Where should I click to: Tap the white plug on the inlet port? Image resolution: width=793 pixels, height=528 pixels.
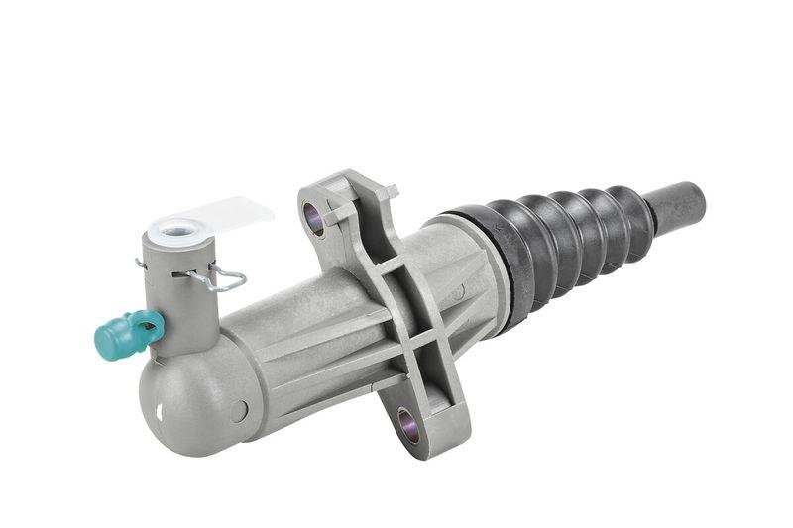178,231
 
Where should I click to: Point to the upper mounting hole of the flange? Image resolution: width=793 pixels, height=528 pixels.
315,219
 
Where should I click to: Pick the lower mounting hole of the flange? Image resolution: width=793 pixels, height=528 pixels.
408,425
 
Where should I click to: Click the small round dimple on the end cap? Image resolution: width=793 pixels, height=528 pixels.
239,410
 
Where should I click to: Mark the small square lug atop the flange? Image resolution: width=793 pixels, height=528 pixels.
390,191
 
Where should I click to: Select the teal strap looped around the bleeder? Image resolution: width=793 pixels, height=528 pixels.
150,323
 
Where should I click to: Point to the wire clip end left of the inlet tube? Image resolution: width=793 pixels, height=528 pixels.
141,264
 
